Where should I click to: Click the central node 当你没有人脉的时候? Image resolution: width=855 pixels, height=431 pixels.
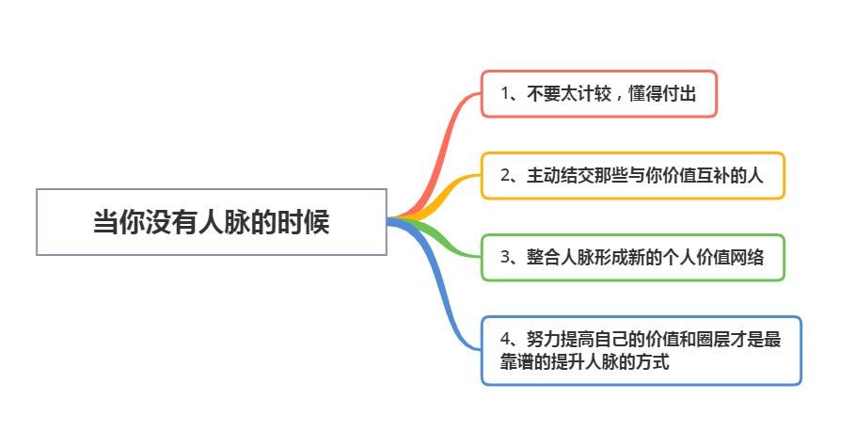point(211,222)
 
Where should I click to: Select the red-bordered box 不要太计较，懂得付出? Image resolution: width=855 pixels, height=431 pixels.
point(599,93)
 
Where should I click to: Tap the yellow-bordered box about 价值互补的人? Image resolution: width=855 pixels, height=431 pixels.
point(633,175)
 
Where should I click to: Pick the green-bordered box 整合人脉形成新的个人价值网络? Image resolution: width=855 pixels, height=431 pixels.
point(633,257)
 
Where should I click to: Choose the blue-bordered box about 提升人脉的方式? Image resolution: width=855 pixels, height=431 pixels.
point(641,350)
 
